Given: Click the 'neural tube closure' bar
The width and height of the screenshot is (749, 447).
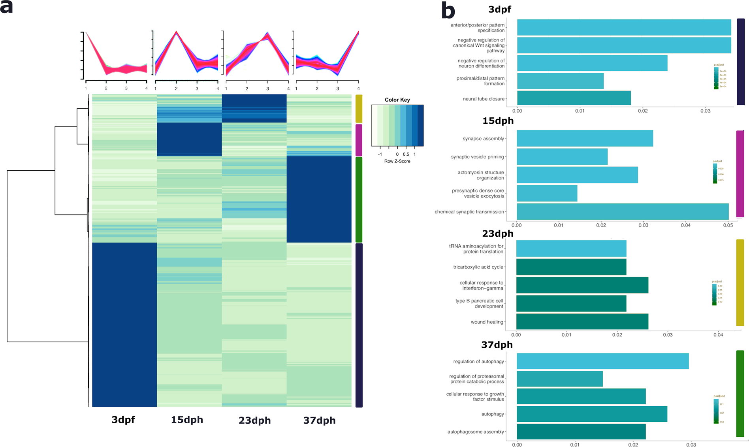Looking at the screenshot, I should (574, 98).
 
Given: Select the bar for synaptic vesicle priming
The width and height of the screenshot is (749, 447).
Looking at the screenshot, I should (562, 157).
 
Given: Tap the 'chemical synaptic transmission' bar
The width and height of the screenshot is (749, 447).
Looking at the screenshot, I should (622, 211).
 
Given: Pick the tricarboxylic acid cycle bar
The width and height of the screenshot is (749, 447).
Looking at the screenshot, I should (571, 267).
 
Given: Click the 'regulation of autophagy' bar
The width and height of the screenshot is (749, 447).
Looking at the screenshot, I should (602, 361).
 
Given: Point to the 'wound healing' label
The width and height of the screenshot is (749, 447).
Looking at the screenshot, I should (487, 322).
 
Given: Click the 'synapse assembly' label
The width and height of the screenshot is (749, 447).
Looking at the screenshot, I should (483, 139).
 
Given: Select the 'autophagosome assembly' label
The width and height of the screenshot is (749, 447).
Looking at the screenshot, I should (475, 432).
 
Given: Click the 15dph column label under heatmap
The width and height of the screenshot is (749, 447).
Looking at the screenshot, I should (187, 419).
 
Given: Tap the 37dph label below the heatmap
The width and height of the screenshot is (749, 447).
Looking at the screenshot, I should (319, 420).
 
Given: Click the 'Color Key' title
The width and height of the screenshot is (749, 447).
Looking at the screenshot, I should (397, 100).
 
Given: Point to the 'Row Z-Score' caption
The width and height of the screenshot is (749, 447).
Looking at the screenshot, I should (397, 161).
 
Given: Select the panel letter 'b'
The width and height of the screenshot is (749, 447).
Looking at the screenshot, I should (448, 11).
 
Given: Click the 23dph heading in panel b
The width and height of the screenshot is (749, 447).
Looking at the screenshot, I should (497, 233).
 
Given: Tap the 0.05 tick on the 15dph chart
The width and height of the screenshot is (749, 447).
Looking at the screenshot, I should (728, 225).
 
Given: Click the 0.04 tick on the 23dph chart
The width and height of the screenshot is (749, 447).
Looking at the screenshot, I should (718, 335).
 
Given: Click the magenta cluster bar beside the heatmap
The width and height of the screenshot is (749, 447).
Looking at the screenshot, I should (359, 140).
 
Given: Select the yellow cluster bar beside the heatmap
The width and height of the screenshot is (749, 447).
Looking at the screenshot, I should (359, 108).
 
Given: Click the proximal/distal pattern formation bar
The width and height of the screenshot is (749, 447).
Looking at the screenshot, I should (560, 81).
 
